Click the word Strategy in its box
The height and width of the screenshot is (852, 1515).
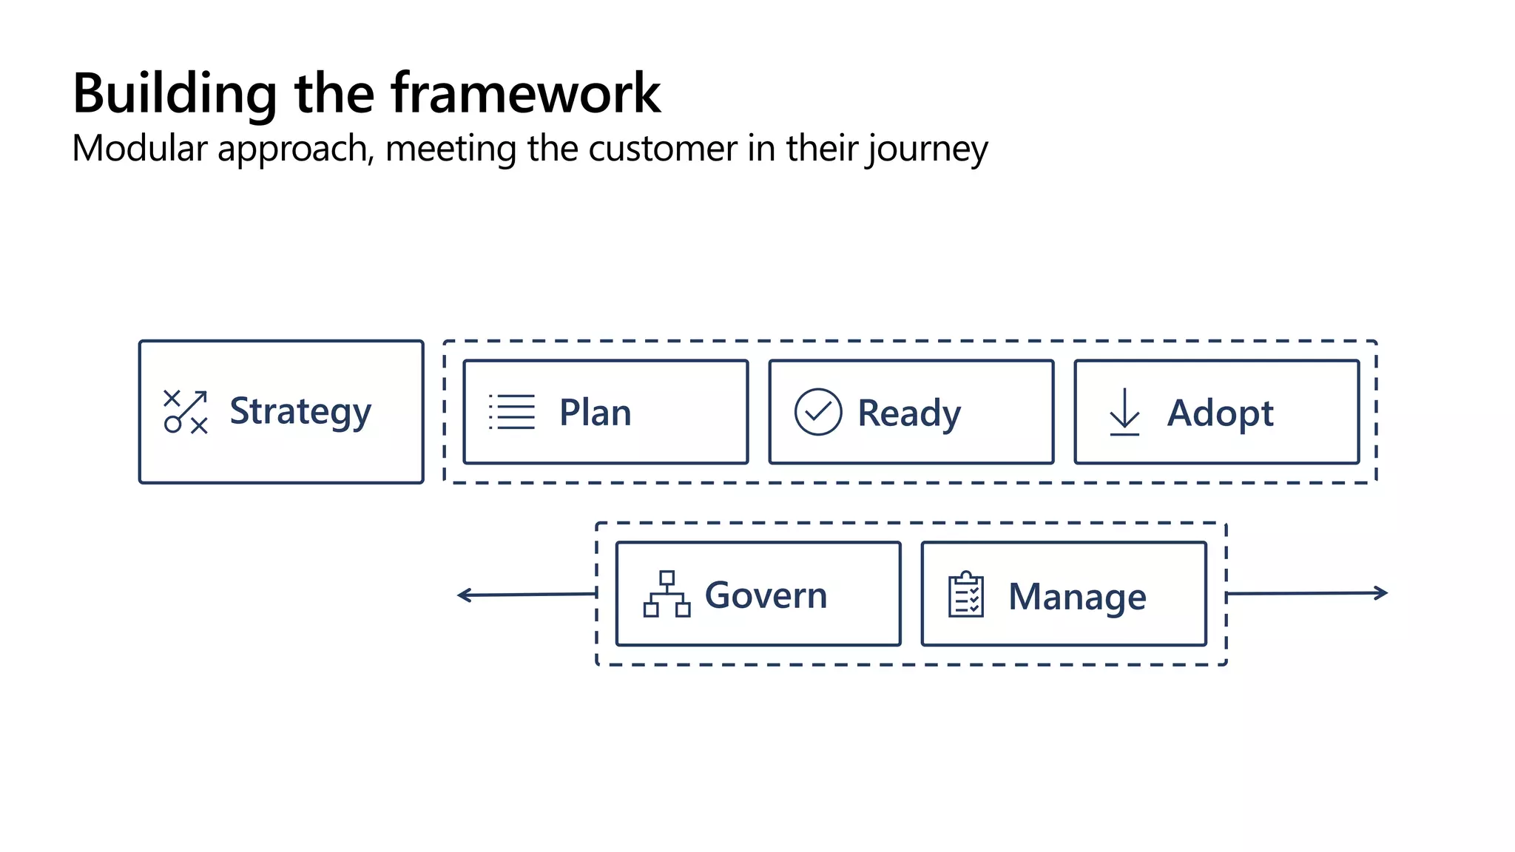tap(300, 412)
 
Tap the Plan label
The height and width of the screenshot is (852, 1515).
tap(595, 413)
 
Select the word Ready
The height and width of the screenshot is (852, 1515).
tap(908, 413)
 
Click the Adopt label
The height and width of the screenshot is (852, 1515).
tap(1220, 413)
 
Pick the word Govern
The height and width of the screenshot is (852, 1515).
tap(766, 595)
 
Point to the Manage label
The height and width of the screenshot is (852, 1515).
tap(1077, 597)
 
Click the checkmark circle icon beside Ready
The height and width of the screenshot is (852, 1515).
tap(817, 412)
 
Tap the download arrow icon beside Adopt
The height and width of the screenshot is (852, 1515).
tap(1124, 412)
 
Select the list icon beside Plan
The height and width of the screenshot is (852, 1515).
tap(512, 412)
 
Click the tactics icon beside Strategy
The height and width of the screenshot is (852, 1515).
tap(185, 412)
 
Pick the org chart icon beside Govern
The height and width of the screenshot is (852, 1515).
tap(667, 594)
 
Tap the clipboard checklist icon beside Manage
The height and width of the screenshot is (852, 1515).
tap(965, 595)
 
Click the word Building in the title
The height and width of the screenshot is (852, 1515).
tap(175, 94)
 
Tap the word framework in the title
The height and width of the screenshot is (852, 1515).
tap(525, 94)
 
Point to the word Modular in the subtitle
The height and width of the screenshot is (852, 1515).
tap(140, 148)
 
